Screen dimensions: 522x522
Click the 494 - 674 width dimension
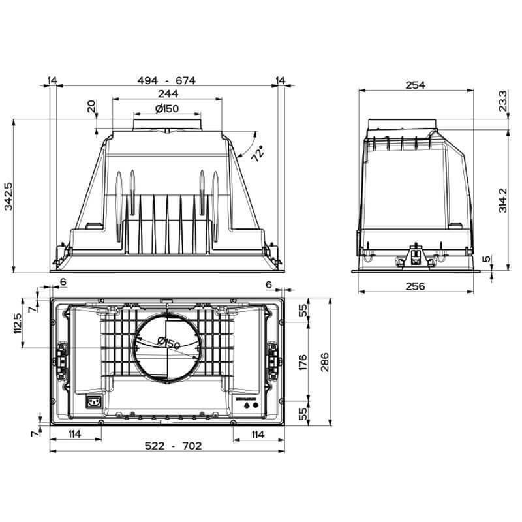click(166, 80)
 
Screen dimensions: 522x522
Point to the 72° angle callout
click(258, 154)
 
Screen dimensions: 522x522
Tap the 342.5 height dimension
click(8, 195)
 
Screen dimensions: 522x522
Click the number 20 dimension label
click(91, 106)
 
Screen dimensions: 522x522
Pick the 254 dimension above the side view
click(415, 85)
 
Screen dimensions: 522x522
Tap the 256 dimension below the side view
click(415, 286)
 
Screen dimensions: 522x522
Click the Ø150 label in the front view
click(166, 108)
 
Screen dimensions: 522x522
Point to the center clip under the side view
click(414, 256)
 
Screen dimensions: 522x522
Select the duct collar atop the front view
click(167, 122)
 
